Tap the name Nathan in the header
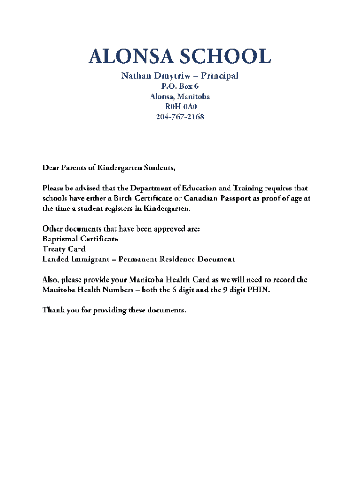tap(137, 75)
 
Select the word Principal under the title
tap(218, 75)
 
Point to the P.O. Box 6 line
tap(180, 86)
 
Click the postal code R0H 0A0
tap(180, 107)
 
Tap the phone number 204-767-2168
tap(180, 117)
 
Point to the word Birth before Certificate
tap(131, 198)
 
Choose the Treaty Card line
tap(64, 249)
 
